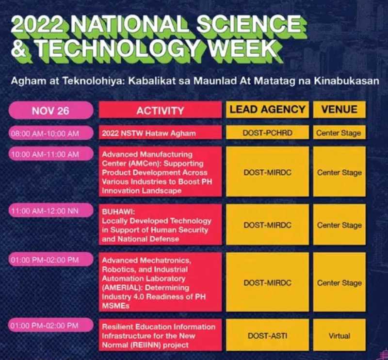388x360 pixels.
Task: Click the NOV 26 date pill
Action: [50, 111]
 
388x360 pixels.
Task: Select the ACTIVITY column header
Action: [160, 111]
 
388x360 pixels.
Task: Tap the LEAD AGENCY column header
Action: [267, 110]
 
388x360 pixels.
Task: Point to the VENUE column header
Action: [339, 110]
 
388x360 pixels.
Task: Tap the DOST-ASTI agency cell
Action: [267, 335]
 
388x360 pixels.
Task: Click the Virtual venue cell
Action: [339, 335]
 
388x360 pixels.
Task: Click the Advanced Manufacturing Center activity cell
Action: [160, 172]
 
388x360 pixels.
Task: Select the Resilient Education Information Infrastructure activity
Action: [160, 335]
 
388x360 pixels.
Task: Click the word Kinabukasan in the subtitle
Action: [346, 81]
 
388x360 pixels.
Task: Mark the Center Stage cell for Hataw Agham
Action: [339, 133]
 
